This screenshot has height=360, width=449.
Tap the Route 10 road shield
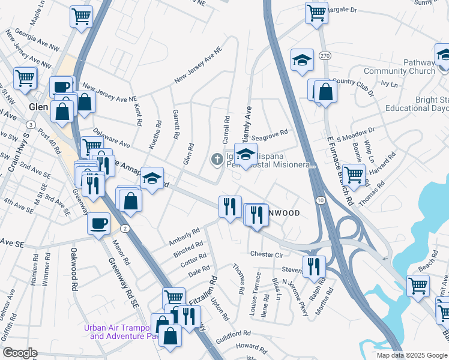[x=322, y=199]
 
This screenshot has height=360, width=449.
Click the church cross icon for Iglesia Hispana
[x=216, y=159]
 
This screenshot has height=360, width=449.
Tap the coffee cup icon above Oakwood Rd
[x=98, y=223]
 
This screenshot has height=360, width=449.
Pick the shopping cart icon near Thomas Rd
[x=354, y=175]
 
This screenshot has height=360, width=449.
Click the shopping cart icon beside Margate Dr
[x=316, y=13]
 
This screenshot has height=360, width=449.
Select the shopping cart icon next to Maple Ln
[x=81, y=16]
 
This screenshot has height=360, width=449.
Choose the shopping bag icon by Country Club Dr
[x=325, y=92]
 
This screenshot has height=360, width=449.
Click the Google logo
[x=20, y=353]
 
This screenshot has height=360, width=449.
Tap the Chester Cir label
[x=267, y=254]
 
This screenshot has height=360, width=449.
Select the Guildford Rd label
[x=234, y=334]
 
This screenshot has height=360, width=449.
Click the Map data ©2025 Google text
[x=412, y=355]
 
